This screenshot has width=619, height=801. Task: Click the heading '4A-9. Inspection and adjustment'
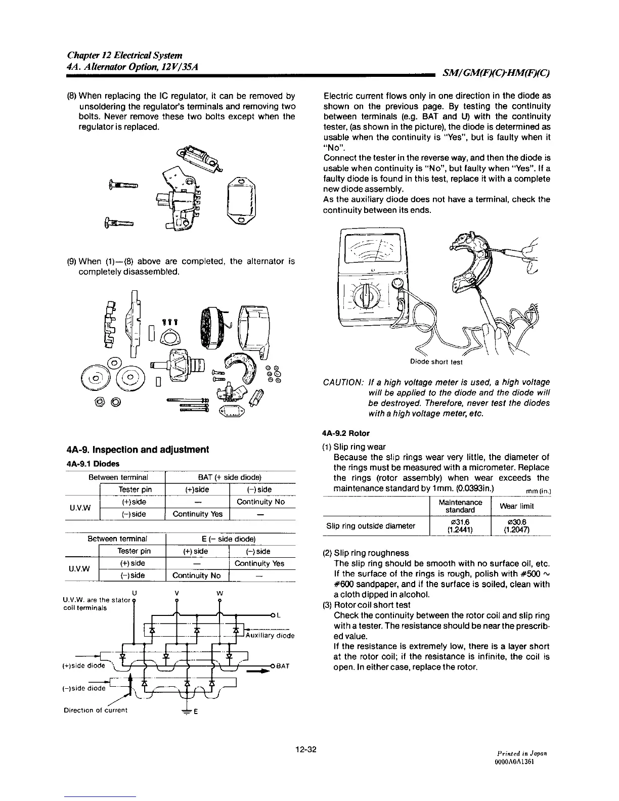pos(138,450)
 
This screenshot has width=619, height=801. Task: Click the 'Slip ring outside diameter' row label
pos(371,526)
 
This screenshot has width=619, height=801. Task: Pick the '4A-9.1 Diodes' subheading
pos(93,463)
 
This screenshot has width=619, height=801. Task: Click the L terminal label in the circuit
pos(279,615)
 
